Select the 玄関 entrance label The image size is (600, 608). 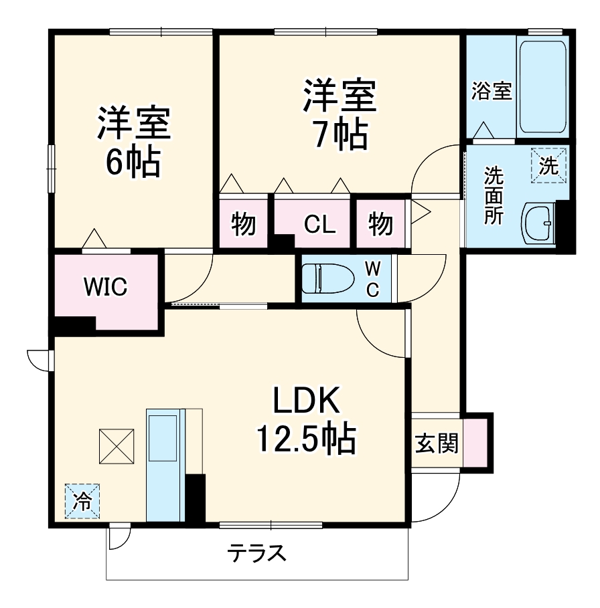[437, 442]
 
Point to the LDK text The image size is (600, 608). [307, 401]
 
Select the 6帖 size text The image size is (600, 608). [133, 161]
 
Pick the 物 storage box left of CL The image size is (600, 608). [244, 225]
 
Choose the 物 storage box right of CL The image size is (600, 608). [380, 225]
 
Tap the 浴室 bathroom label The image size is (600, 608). [492, 91]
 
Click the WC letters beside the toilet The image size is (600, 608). [373, 279]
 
